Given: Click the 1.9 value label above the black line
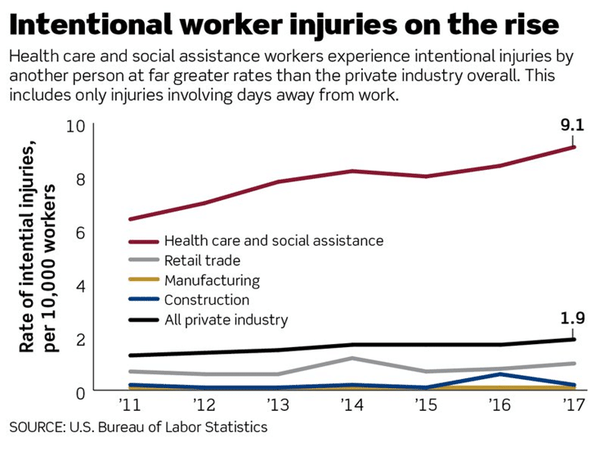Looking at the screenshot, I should click(571, 319).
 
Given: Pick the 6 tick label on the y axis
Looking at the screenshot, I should click(79, 233).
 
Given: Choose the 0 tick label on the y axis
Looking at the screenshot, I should click(79, 392).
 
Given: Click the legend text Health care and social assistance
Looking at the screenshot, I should click(273, 241).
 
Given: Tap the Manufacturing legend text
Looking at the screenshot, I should click(212, 280).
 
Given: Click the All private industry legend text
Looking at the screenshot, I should click(226, 319).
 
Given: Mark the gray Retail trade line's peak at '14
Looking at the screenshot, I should click(351, 358).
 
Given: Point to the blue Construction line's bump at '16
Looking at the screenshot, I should click(499, 374).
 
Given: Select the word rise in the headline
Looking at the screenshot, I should click(526, 24).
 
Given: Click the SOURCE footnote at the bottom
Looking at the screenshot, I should click(138, 427).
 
